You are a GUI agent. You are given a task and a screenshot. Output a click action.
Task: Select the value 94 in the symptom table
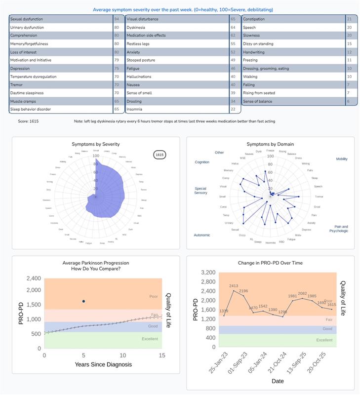pos(117,19)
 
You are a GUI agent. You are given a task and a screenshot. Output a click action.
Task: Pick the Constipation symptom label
pos(255,19)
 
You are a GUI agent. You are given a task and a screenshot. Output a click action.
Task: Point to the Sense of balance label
pos(257,101)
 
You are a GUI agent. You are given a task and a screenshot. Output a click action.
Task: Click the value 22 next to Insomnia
pos(233,109)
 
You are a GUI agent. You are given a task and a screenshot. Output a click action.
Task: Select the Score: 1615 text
pos(28,121)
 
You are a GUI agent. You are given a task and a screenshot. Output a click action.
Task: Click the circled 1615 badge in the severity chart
pos(160,155)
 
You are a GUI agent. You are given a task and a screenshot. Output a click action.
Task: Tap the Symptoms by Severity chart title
pos(96,144)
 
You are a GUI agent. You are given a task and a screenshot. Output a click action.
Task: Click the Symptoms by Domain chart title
pos(270,144)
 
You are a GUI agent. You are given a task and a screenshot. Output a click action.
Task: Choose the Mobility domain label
pos(341,159)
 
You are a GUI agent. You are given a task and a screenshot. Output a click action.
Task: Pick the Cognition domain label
pos(202,162)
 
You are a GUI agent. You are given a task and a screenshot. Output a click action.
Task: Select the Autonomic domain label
pos(202,235)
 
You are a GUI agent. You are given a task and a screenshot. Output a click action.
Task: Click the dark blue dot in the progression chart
pos(83,301)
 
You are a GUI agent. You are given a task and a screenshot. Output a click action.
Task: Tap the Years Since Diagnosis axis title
pos(103,364)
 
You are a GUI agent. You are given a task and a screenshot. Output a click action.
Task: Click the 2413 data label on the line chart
pos(233,286)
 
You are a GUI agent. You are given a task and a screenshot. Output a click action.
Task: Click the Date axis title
pos(278,381)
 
